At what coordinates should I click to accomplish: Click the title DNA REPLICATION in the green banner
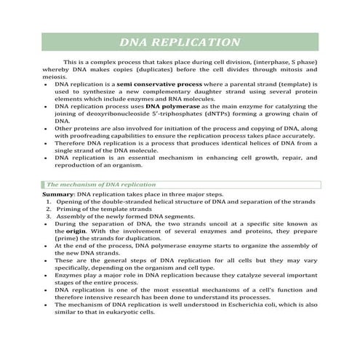pyautogui.click(x=180, y=42)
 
